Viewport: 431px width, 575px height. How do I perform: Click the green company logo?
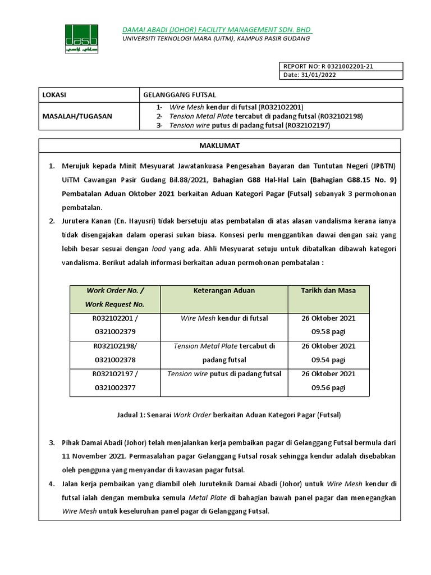(x=81, y=39)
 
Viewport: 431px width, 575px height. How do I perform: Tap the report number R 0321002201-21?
(x=328, y=66)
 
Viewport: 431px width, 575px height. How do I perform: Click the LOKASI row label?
(x=54, y=95)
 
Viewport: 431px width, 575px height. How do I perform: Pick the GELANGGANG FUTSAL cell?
(x=180, y=95)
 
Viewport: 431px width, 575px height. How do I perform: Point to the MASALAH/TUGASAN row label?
(x=77, y=116)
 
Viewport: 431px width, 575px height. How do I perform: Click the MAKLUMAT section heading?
(x=219, y=145)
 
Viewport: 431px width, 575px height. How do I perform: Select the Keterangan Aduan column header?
(x=224, y=290)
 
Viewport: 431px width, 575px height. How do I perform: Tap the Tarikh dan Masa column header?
(x=328, y=290)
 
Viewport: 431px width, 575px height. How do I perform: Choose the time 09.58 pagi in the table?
(x=328, y=332)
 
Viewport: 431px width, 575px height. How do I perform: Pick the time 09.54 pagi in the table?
(x=328, y=359)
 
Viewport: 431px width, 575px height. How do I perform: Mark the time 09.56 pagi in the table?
(x=328, y=387)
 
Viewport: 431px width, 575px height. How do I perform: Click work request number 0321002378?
(x=115, y=359)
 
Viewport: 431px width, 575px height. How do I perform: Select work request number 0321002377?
(x=115, y=387)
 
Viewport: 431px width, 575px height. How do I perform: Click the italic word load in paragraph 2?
(x=160, y=248)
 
